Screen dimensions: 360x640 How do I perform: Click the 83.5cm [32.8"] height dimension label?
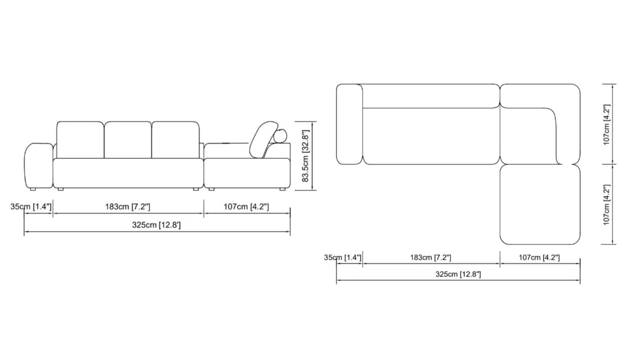[306, 156]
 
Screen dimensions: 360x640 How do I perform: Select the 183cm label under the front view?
[128, 206]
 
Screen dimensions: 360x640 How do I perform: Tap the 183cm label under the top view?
[430, 258]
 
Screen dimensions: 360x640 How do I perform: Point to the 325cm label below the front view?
[156, 225]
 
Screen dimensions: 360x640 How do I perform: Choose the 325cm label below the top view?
[458, 274]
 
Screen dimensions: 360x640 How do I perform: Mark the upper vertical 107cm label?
[607, 124]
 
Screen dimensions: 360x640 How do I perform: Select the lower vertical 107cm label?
[607, 204]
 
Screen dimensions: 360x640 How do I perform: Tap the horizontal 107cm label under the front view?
[246, 206]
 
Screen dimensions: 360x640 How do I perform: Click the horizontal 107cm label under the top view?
[539, 258]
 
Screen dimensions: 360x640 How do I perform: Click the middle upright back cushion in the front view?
[128, 140]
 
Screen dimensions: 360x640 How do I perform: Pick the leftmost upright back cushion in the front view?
[80, 140]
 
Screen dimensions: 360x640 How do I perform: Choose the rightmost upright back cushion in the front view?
[175, 140]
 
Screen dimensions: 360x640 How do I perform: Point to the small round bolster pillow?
[281, 136]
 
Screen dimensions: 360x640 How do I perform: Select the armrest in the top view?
[350, 124]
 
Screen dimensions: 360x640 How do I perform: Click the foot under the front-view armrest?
[33, 188]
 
